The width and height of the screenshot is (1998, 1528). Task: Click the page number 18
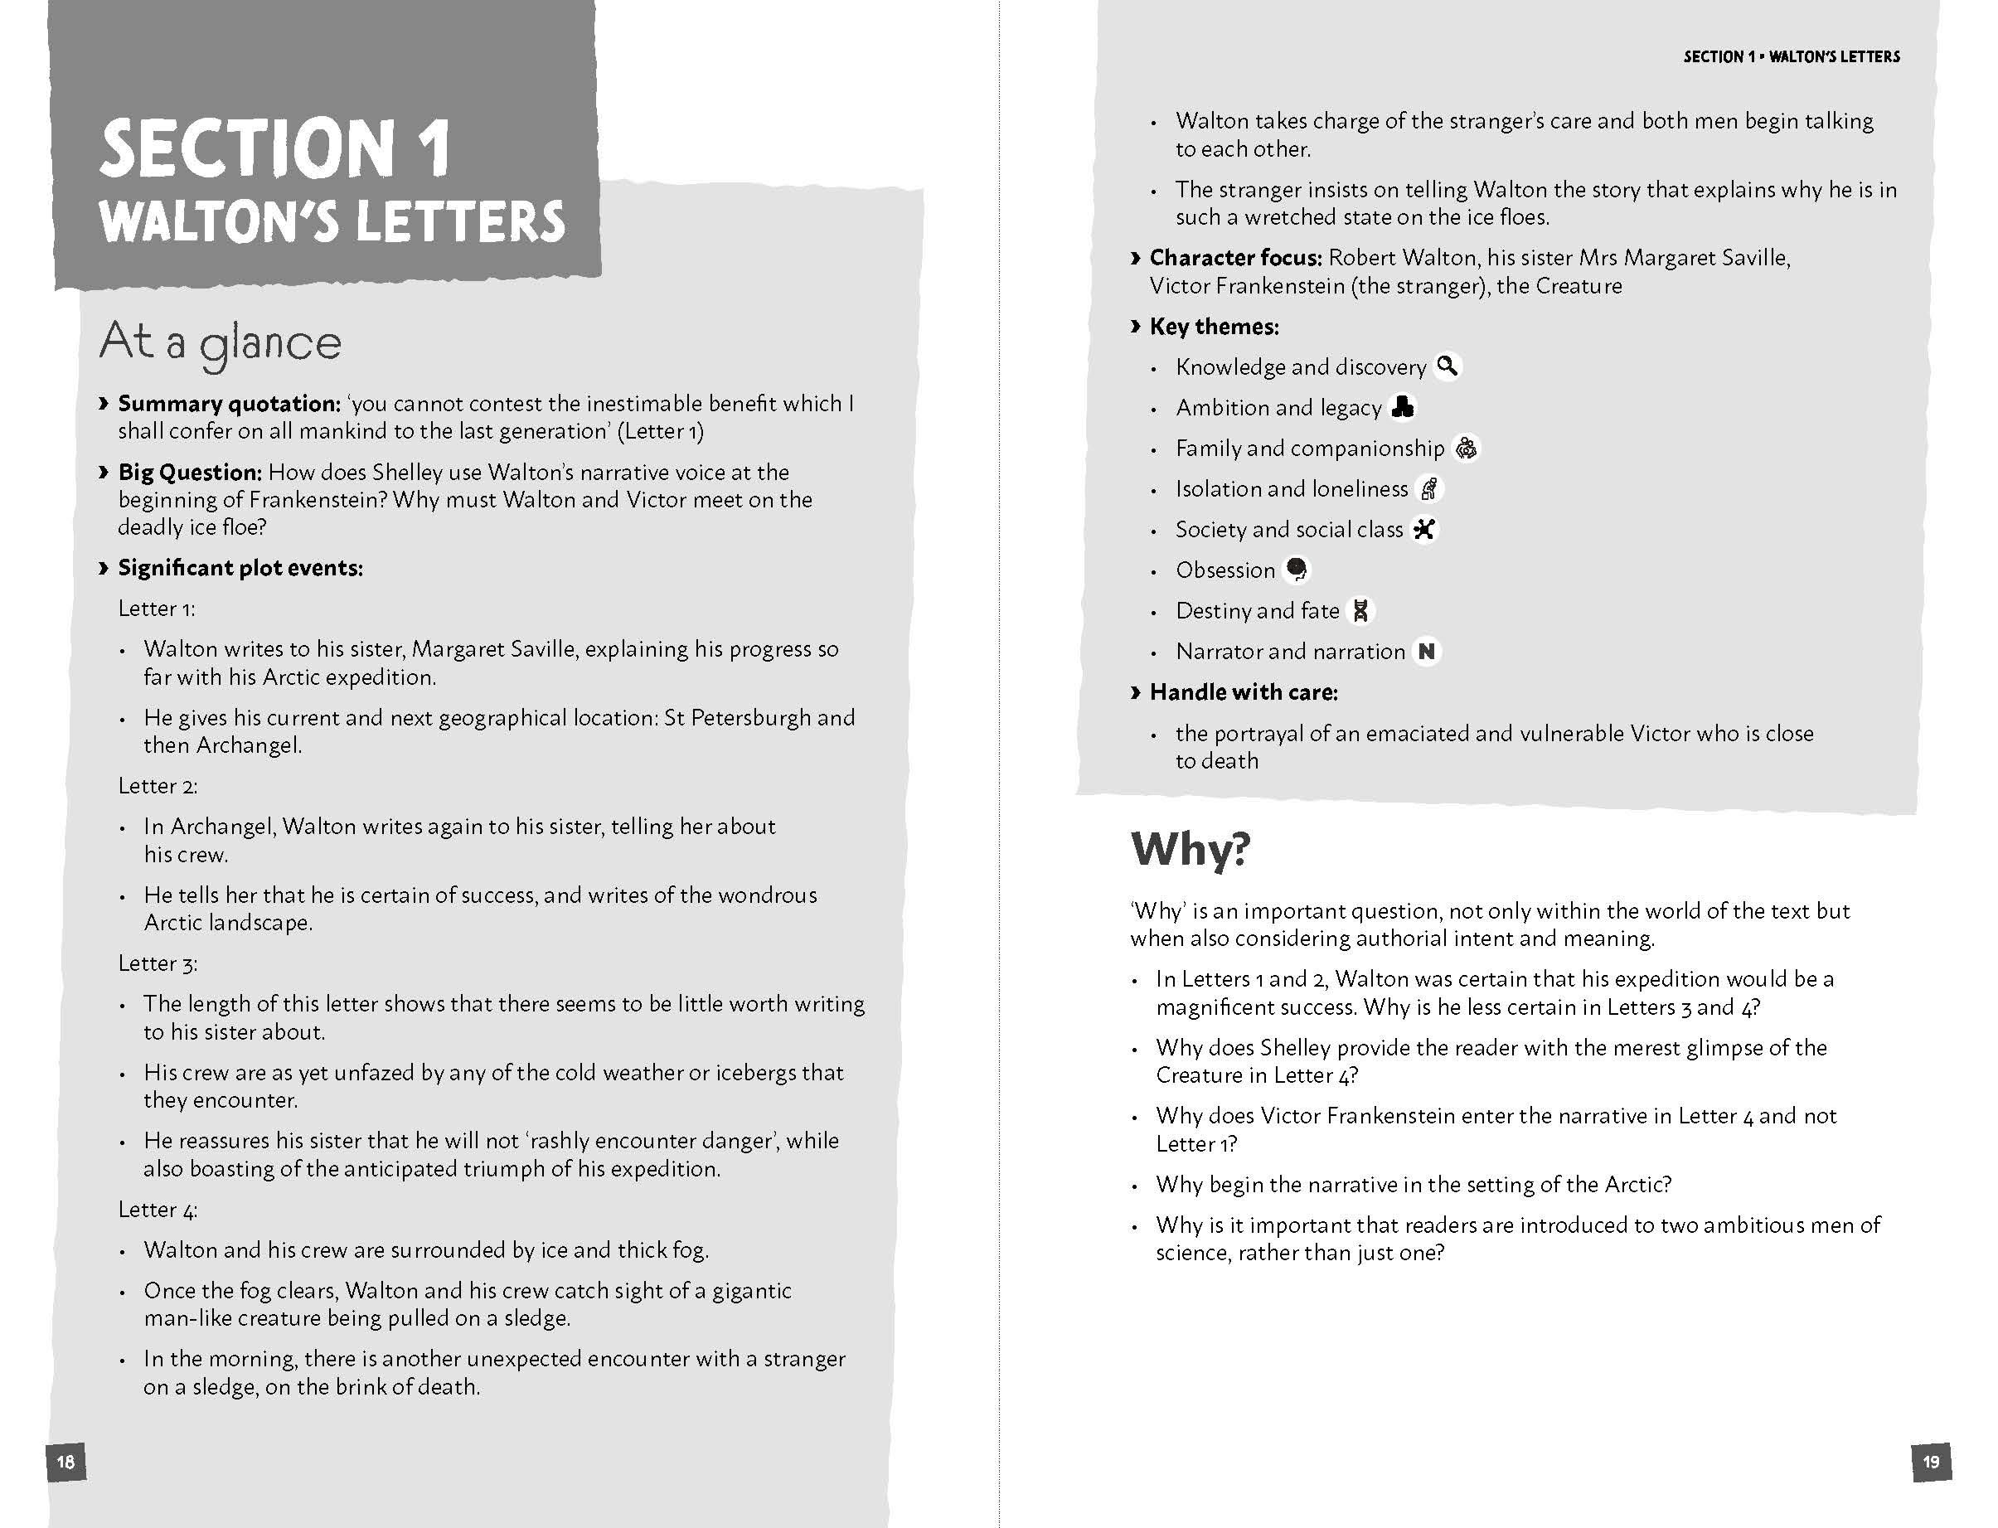[65, 1462]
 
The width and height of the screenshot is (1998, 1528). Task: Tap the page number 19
[1931, 1462]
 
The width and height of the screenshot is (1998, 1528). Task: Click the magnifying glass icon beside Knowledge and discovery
[1447, 366]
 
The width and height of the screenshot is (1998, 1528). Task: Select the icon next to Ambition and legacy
[1404, 406]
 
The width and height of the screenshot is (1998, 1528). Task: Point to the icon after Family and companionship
[1466, 448]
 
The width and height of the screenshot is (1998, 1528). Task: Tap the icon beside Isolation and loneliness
[1429, 488]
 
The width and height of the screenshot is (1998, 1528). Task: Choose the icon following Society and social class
[1424, 528]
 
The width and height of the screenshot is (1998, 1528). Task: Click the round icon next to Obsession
[1297, 570]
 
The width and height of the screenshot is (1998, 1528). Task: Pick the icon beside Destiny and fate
[1360, 610]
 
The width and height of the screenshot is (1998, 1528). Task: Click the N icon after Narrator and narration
[1426, 651]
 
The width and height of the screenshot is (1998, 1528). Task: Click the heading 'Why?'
[1191, 849]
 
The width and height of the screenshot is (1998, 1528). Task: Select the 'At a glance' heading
[220, 343]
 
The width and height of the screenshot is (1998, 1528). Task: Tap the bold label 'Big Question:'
[189, 472]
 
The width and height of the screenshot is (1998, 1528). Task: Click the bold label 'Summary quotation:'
[228, 403]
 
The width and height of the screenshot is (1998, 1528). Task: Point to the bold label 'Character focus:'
[1235, 257]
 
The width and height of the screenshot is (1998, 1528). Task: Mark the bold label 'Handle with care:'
[1244, 692]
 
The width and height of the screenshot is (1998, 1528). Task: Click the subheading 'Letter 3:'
[158, 963]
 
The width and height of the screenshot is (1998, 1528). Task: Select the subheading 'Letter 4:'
[158, 1209]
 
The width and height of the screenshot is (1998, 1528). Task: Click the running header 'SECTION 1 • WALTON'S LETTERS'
[1791, 56]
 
